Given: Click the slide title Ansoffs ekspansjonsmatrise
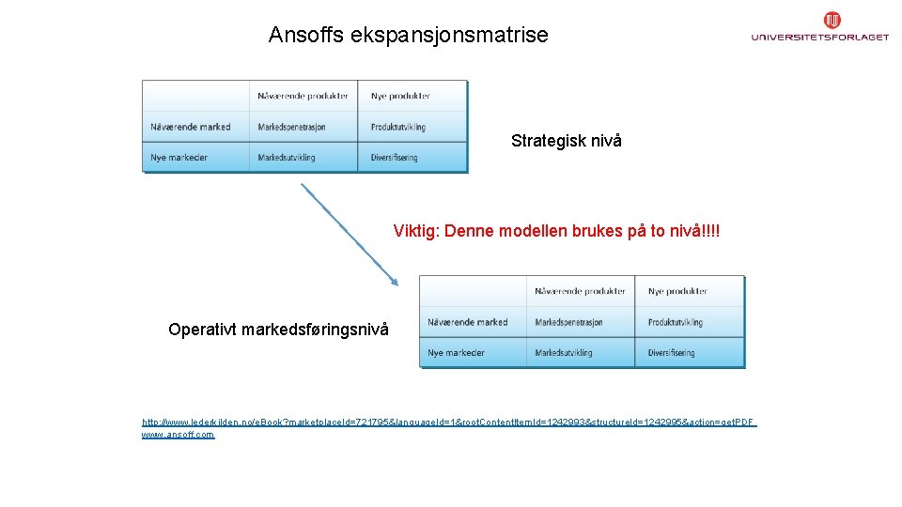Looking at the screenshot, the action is coord(408,36).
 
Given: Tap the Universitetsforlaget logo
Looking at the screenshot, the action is coord(819,28).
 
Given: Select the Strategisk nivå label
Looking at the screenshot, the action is coord(566,141).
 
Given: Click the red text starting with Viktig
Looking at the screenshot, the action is coord(562,231).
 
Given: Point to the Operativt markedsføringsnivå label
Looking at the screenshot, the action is coord(278,330).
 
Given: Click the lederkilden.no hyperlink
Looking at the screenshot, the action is coord(448,422).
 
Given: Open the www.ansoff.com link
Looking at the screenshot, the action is coord(178,435).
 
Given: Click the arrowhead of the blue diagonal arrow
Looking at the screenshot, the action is coord(394,280).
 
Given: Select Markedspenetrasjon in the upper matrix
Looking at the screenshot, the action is coord(292,127).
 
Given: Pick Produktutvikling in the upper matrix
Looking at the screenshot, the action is coord(398,127).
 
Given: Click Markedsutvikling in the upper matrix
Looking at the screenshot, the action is coord(287,158).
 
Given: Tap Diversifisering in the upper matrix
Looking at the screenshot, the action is coord(395,158).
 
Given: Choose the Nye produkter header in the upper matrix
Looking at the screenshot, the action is coord(400,96).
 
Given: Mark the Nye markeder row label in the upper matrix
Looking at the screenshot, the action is coord(179,158).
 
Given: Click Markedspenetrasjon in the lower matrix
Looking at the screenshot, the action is coord(569,322).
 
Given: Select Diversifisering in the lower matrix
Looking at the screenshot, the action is coord(672,353).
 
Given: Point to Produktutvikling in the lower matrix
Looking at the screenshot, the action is coord(676,322).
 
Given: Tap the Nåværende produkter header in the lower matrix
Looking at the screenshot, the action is coord(580,291).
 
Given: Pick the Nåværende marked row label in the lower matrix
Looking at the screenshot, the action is coord(467,322).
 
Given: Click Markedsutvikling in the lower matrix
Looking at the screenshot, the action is coord(564,353).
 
